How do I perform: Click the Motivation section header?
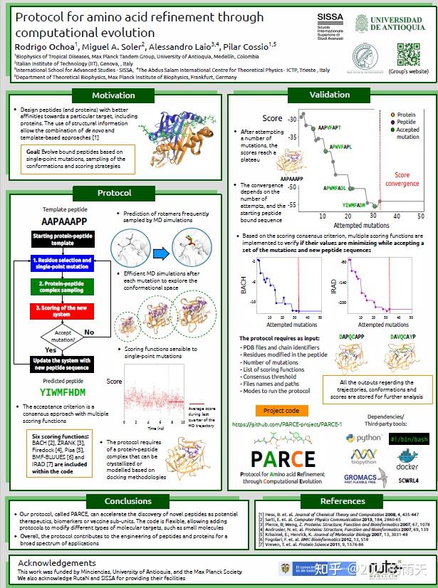coord(113,95)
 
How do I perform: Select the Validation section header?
coord(329,95)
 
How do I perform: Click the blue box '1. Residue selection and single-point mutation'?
coord(61,263)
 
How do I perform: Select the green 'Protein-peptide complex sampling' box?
coord(61,286)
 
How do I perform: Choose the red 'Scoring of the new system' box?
coord(61,310)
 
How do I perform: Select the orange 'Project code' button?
coord(281,410)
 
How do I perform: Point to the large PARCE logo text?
coord(282,459)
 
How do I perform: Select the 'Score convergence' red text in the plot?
coord(402,179)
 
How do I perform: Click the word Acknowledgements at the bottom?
coord(56,563)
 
